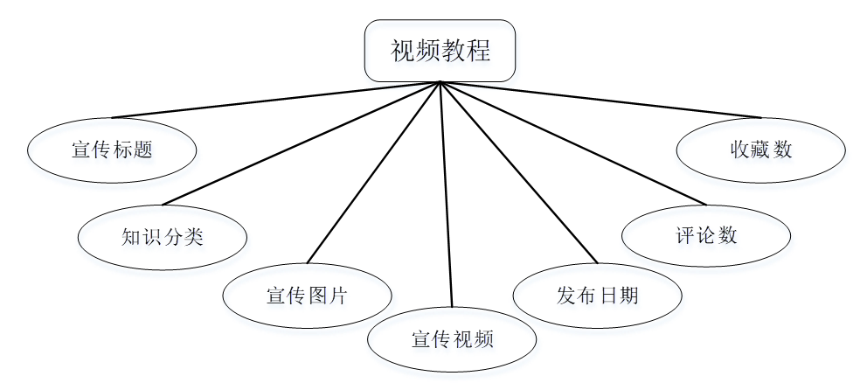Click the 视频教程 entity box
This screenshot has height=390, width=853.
[x=440, y=51]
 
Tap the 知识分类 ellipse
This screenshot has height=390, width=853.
[x=163, y=236]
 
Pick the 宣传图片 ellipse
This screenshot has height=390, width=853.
[x=307, y=295]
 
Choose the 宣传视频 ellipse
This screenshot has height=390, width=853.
[x=452, y=338]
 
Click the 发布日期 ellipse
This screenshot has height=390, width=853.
[x=597, y=295]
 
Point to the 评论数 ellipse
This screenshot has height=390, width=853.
[x=706, y=235]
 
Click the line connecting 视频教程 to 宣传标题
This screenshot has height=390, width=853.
[x=275, y=100]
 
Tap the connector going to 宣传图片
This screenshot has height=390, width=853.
[x=374, y=171]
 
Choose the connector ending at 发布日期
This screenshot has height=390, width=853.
[x=518, y=171]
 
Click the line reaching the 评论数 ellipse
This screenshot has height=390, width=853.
[x=572, y=143]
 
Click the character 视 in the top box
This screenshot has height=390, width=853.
[x=402, y=51]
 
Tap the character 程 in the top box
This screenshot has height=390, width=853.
[x=478, y=51]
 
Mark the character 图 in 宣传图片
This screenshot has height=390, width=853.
[x=318, y=295]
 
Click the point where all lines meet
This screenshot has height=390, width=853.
[x=440, y=82]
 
